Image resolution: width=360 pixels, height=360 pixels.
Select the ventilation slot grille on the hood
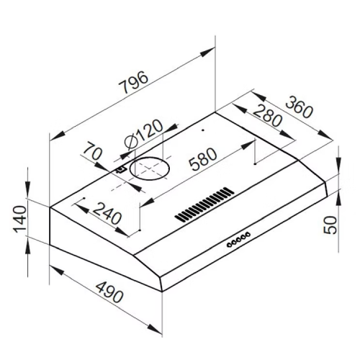204,204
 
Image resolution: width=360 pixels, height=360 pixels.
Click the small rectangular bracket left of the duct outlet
122,170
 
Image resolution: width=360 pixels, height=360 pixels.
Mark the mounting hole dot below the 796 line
204,131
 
